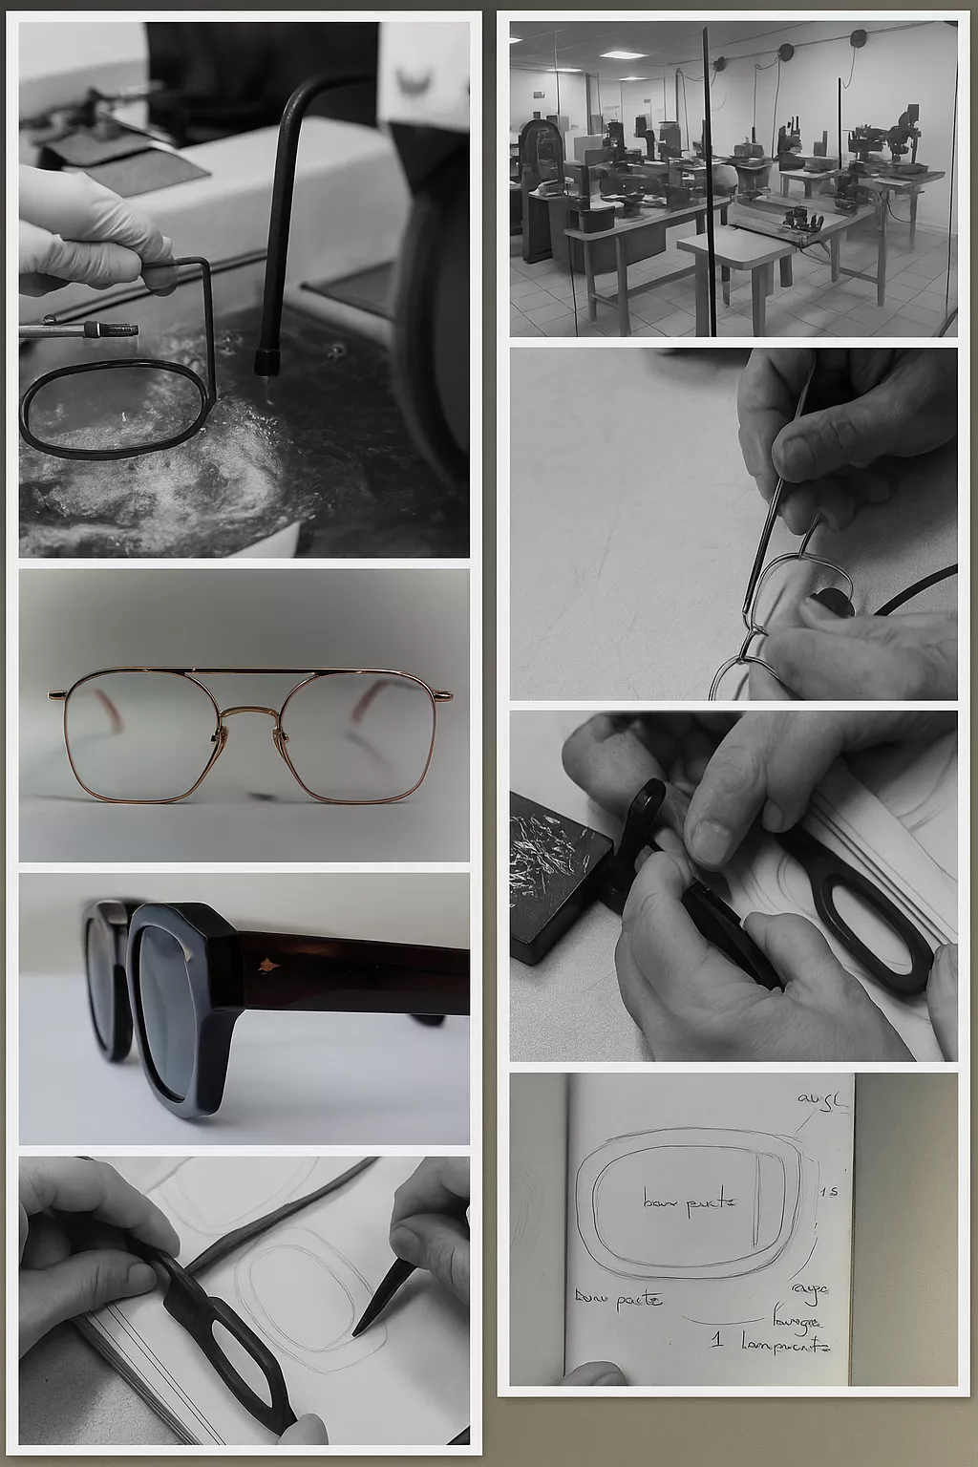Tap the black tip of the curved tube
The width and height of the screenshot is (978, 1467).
[263, 363]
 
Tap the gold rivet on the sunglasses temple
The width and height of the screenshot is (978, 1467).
[264, 967]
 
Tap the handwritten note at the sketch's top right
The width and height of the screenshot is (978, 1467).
[821, 1100]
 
